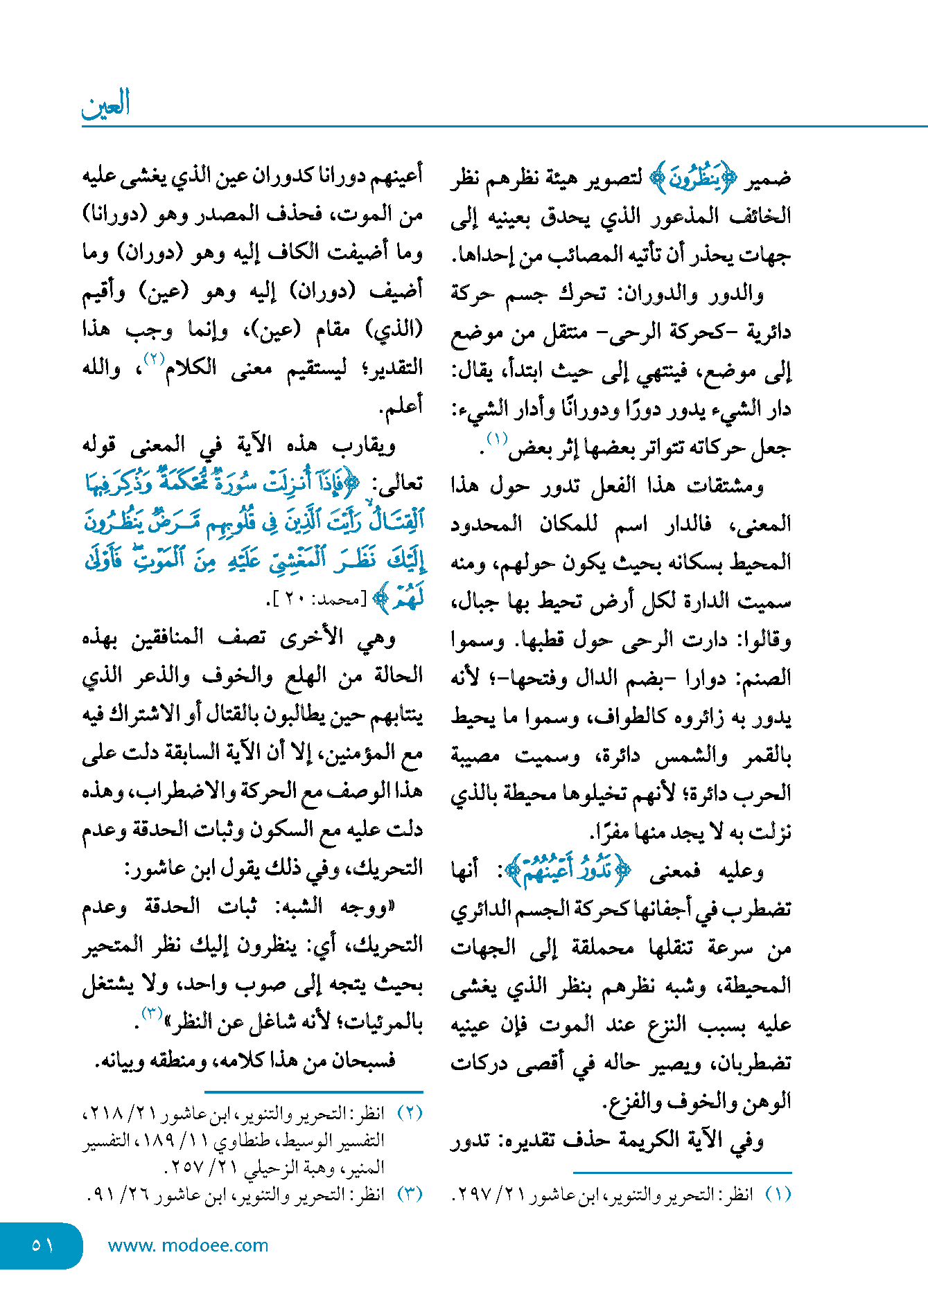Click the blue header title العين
click(x=106, y=105)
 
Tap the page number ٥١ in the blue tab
click(x=42, y=1245)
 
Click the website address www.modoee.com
click(x=188, y=1245)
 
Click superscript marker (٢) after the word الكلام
click(x=153, y=359)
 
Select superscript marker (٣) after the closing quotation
click(x=152, y=1013)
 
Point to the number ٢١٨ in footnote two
click(x=105, y=1113)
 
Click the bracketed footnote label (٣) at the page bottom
click(x=410, y=1195)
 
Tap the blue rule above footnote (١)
click(x=682, y=1173)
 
